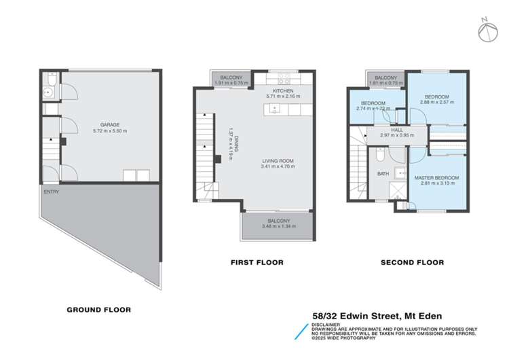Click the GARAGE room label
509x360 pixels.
pyautogui.click(x=110, y=124)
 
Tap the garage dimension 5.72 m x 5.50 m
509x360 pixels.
pyautogui.click(x=110, y=130)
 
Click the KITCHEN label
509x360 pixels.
pyautogui.click(x=283, y=91)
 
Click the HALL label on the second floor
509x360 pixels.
pyautogui.click(x=397, y=129)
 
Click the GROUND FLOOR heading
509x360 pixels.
pyautogui.click(x=98, y=310)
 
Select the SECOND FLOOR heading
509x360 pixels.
pyautogui.click(x=412, y=262)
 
